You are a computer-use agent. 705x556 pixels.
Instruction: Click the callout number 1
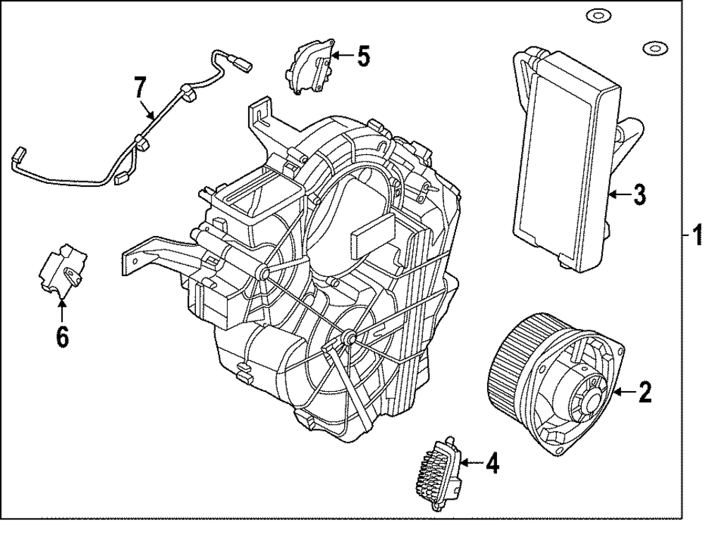tap(697, 235)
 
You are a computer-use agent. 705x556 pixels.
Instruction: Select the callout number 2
tap(644, 393)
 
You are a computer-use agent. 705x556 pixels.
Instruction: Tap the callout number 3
tap(638, 194)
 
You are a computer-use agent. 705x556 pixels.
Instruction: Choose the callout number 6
tap(62, 336)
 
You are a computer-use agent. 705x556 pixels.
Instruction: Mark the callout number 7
tap(140, 88)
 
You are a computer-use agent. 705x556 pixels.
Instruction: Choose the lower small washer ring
tap(654, 48)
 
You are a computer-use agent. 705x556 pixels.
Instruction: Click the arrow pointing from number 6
tap(62, 310)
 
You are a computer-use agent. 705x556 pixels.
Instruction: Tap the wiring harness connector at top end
tap(245, 66)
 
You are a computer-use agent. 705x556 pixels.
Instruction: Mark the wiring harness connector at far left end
tap(19, 155)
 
